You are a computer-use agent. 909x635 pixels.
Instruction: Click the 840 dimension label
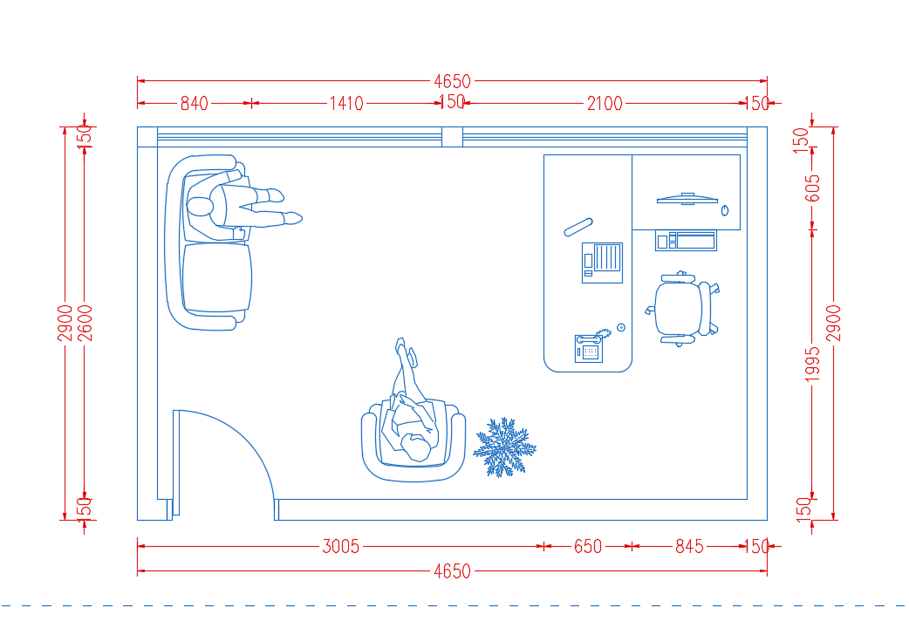click(194, 103)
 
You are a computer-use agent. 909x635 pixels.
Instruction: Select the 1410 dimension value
click(346, 103)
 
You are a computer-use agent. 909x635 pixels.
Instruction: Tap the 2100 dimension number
click(605, 103)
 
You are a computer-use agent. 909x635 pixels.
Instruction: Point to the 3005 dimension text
click(341, 546)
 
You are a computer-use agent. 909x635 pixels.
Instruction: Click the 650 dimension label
click(588, 546)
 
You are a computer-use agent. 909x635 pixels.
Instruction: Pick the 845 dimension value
click(689, 546)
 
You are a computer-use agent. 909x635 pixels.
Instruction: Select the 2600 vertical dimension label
click(85, 323)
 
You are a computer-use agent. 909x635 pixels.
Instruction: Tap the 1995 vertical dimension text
click(813, 365)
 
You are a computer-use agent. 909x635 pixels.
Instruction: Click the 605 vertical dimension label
click(813, 188)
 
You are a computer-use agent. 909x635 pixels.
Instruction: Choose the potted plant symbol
click(504, 447)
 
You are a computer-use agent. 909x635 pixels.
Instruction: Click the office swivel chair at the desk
click(682, 309)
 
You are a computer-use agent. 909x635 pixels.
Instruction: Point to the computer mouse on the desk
click(725, 210)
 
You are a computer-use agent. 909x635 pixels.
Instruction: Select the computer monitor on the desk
click(687, 199)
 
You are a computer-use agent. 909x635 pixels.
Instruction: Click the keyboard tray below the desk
click(686, 240)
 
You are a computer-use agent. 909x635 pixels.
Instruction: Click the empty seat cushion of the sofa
click(217, 277)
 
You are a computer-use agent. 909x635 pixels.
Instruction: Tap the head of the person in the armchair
click(417, 447)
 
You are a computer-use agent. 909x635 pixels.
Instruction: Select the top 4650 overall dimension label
click(452, 81)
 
